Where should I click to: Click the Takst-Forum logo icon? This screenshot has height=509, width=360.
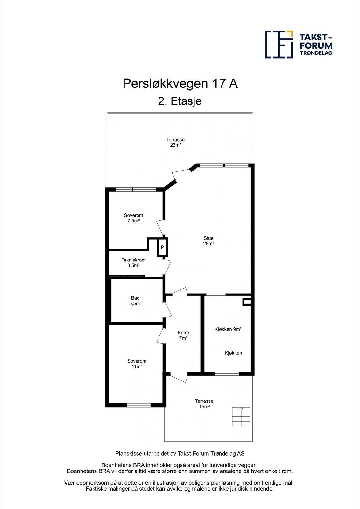point(279,45)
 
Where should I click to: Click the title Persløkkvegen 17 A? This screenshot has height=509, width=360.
point(180,84)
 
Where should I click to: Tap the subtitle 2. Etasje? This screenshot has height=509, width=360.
point(180,101)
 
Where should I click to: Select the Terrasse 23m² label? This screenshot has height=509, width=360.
point(175,142)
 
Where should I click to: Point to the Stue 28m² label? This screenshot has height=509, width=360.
point(208,241)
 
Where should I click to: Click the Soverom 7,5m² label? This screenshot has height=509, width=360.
point(133,218)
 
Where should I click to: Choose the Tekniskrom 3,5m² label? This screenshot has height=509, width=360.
point(133,262)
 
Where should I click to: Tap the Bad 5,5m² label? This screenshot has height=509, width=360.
point(135,301)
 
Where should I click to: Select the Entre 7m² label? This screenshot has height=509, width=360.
point(183,335)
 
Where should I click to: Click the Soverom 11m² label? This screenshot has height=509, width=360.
point(137,364)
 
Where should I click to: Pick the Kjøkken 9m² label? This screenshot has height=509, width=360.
point(228,329)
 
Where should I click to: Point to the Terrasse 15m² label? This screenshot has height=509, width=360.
point(204,404)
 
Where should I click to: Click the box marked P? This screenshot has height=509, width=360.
point(162,247)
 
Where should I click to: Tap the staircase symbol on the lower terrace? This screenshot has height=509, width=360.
point(241,416)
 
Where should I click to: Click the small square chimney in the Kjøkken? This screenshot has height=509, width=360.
point(247,302)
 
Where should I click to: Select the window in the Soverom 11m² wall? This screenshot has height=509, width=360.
point(139,405)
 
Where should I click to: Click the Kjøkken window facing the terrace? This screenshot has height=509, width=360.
point(227,373)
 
